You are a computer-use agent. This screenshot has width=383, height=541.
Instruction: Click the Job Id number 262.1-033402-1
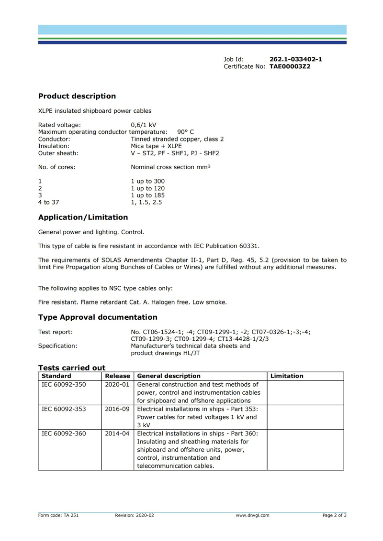[295, 59]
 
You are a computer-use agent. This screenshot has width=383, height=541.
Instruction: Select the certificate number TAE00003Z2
[290, 66]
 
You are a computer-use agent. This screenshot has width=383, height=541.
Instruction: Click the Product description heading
[77, 96]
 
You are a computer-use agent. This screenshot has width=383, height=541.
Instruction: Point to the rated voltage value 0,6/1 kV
[144, 125]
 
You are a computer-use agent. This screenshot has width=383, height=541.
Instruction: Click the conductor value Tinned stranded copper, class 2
[177, 139]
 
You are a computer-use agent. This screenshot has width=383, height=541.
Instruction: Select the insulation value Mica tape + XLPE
[156, 146]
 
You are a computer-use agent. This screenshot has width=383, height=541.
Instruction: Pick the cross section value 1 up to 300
[147, 181]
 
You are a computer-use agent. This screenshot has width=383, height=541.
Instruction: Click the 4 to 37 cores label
[49, 202]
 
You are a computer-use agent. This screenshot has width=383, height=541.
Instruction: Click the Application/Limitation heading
[83, 217]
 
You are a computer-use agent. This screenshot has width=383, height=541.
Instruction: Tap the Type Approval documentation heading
[98, 317]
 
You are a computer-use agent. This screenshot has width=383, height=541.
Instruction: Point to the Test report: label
[56, 332]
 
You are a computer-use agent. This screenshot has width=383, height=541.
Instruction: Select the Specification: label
[57, 346]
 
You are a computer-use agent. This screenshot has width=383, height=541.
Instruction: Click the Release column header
[118, 376]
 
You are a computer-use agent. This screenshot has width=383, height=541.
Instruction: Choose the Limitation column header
[287, 376]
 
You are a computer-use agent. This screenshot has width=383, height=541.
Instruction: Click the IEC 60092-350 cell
[64, 385]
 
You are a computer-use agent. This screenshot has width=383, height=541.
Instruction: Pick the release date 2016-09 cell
[117, 410]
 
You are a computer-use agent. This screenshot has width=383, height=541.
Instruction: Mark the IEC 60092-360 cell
[64, 434]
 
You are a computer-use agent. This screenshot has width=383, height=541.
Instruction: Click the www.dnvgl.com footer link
[252, 515]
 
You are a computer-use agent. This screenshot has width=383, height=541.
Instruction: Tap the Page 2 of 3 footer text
[334, 515]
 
